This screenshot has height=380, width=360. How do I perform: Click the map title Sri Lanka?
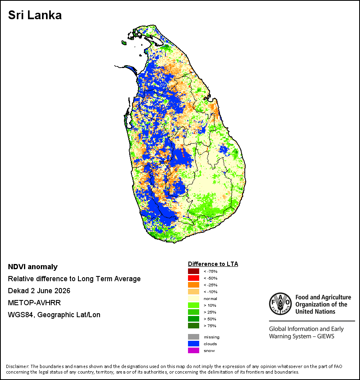(x=35, y=15)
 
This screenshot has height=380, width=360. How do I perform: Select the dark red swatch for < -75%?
(x=194, y=271)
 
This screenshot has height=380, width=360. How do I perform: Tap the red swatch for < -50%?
(x=194, y=278)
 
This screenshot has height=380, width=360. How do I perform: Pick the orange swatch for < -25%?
(x=194, y=285)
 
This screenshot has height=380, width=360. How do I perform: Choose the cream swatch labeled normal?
(x=194, y=298)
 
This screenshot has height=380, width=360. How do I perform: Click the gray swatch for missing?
(x=194, y=337)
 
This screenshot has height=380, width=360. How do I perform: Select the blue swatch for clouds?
(x=194, y=344)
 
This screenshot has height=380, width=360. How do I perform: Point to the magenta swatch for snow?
(x=194, y=350)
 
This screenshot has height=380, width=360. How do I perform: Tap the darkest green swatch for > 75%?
(x=194, y=326)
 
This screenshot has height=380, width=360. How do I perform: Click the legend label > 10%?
(x=210, y=305)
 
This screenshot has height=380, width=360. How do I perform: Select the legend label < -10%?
(x=210, y=292)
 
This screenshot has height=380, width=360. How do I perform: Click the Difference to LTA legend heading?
(x=213, y=264)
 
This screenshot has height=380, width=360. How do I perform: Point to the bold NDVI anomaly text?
(x=33, y=267)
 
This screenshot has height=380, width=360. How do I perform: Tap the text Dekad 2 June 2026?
(x=39, y=291)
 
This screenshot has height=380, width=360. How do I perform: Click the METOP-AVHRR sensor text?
(x=34, y=303)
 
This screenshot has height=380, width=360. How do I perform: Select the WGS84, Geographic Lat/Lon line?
(x=54, y=315)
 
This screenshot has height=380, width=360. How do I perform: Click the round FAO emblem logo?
(x=280, y=304)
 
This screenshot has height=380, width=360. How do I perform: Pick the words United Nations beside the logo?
(x=315, y=312)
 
